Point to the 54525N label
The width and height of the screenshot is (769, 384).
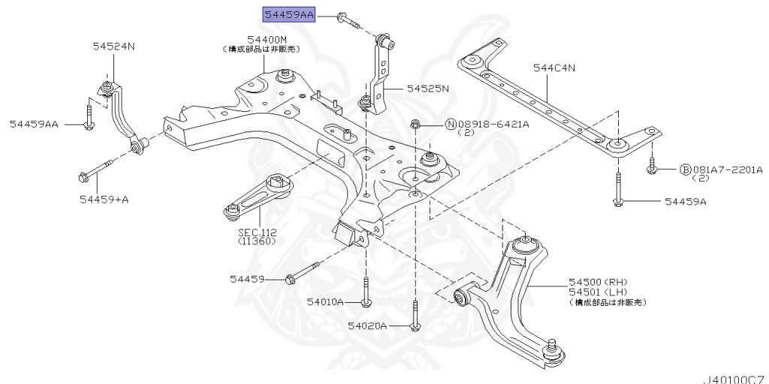[427, 88]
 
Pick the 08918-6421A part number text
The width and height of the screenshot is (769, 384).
[493, 124]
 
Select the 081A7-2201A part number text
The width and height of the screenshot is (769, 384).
[727, 170]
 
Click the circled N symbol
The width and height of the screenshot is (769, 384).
[451, 124]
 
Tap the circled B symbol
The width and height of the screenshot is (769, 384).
[685, 170]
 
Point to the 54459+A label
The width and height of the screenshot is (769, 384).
[104, 199]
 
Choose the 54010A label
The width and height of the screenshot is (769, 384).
[324, 302]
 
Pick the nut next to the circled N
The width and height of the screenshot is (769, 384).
[415, 123]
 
